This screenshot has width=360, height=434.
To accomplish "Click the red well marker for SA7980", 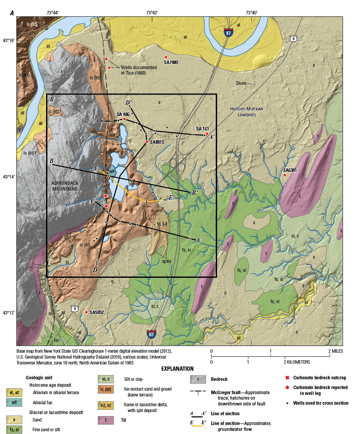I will coord(166,57).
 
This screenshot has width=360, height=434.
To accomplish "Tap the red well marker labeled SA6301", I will coord(285,175).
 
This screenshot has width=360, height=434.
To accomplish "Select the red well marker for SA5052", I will coord(86,312).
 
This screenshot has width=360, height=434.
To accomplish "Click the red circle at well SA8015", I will coord(147,142).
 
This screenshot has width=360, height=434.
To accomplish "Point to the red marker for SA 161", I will coord(207,134).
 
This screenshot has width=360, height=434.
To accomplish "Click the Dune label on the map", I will coord(241,83).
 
